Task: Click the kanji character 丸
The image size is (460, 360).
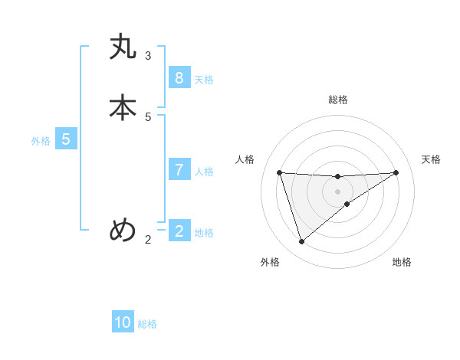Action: coord(123,48)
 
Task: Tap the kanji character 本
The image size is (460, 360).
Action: coord(123,108)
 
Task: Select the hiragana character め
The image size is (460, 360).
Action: coord(123,230)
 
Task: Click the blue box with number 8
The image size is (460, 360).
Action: coord(179,78)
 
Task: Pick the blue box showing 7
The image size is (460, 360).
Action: coord(179,170)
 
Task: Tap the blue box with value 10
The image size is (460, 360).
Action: coord(123,322)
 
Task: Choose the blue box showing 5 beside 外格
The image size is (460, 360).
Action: coord(66,139)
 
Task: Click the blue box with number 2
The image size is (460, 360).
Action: coord(179,231)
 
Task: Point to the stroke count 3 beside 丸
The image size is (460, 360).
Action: coord(148,55)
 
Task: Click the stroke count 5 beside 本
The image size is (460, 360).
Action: coord(148,116)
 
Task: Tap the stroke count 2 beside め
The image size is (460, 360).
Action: coord(148,240)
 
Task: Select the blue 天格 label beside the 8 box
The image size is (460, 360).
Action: coord(204,80)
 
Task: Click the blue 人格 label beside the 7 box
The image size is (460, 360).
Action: coord(204,172)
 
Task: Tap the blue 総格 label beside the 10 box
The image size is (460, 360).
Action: coord(147,324)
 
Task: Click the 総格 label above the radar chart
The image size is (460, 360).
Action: coord(337,100)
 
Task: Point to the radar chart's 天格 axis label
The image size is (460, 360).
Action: coord(432,159)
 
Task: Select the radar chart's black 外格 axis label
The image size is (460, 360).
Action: coord(270,262)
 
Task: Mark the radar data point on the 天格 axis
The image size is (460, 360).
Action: coord(396,172)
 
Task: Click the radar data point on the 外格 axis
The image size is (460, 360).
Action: coord(301,242)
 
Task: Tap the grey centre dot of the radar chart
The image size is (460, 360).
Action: coord(337,191)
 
